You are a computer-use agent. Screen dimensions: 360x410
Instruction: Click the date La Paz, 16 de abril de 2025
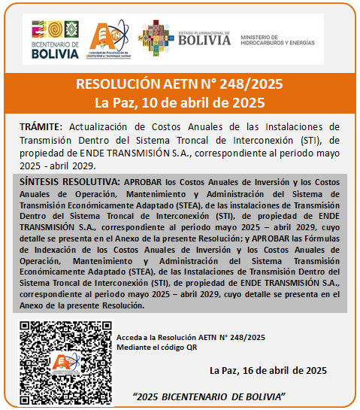click(268, 370)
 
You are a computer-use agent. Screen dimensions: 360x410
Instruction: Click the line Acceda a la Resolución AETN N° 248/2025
click(191, 338)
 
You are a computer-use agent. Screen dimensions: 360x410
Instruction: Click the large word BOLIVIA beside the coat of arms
click(204, 41)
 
